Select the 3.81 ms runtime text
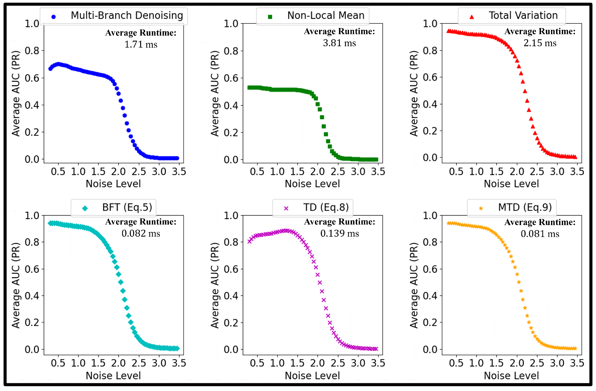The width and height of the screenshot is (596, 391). click(x=339, y=43)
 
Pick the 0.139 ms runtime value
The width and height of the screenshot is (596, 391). click(x=340, y=234)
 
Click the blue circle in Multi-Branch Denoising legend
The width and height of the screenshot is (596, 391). click(x=53, y=17)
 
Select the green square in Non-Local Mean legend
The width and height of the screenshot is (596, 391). click(x=270, y=17)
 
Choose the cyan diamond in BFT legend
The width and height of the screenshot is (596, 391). click(x=85, y=208)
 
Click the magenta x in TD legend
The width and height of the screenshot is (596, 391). click(x=286, y=208)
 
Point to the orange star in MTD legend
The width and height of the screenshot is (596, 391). click(x=481, y=208)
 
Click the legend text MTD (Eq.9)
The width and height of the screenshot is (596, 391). click(x=525, y=207)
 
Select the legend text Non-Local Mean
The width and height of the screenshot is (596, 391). click(x=326, y=15)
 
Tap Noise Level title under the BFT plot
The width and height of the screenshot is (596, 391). click(x=113, y=376)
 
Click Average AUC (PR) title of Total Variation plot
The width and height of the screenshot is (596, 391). click(x=414, y=93)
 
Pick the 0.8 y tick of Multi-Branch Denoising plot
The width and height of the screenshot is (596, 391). click(x=32, y=51)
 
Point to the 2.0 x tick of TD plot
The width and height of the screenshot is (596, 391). click(x=317, y=363)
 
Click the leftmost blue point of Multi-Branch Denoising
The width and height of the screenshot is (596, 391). click(x=50, y=69)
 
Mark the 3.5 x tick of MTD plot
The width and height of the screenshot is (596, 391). click(x=577, y=363)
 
